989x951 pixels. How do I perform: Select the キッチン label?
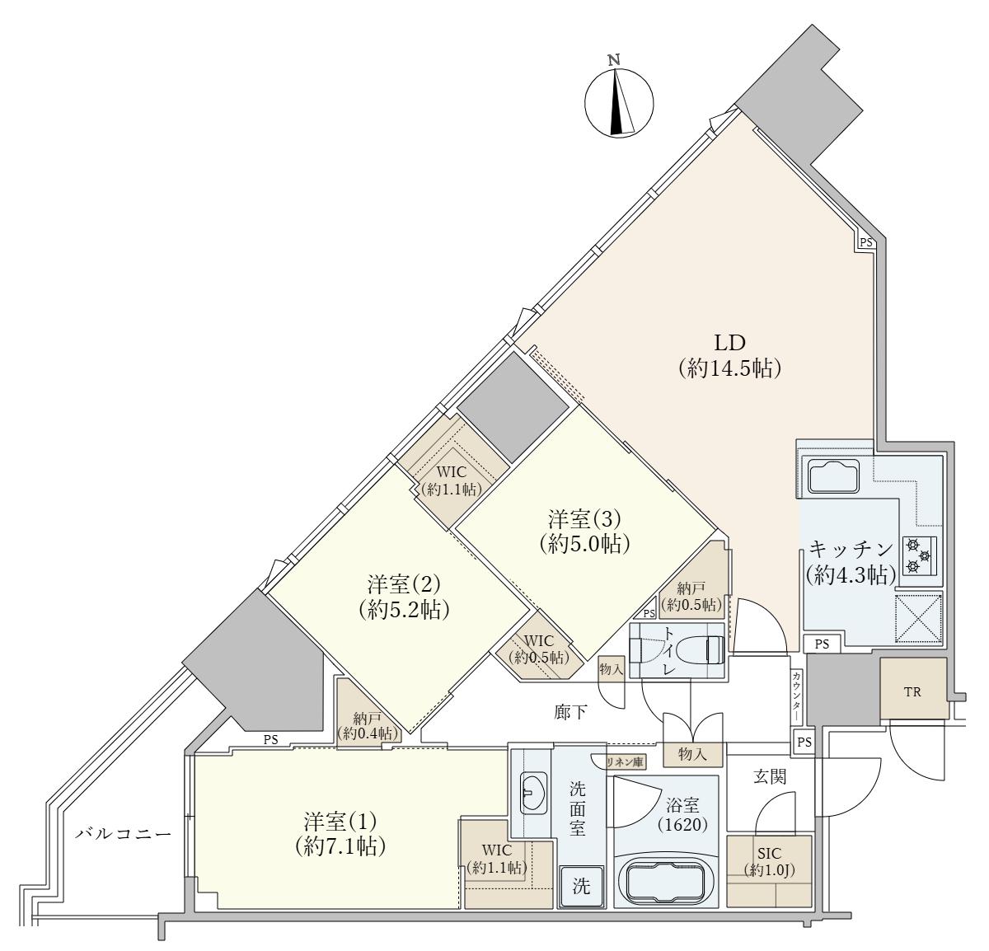[851, 549]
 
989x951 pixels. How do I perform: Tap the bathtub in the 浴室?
[666, 885]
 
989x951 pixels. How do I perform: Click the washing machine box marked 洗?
[581, 887]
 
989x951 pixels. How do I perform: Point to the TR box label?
[912, 691]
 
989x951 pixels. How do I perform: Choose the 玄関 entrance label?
[770, 776]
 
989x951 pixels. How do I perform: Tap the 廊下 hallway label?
[570, 712]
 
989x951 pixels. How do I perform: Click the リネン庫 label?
[626, 762]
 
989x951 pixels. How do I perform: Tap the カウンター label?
[796, 696]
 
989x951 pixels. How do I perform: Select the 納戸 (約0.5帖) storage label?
[693, 596]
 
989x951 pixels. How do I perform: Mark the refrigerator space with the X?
[918, 618]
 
